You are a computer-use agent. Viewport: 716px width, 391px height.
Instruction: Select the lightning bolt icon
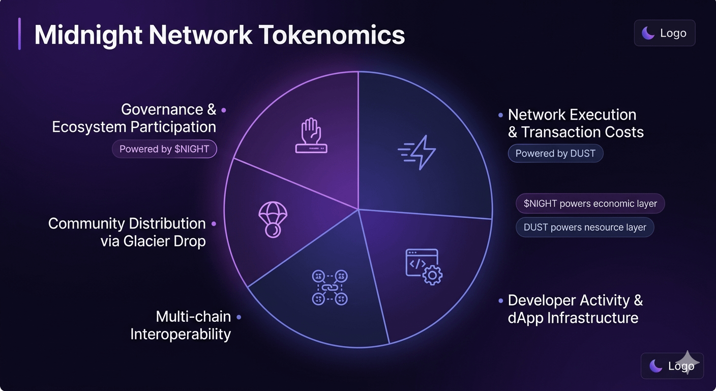tap(417, 152)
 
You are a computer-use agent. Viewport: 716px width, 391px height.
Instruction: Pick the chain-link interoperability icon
tap(329, 288)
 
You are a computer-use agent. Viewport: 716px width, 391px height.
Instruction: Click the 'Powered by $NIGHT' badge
tap(164, 149)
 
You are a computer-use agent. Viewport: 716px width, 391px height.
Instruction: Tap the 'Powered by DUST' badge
tap(555, 153)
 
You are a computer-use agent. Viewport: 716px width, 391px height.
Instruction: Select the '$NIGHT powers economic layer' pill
tap(590, 204)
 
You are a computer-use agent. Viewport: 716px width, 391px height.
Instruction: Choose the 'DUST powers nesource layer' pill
tap(585, 228)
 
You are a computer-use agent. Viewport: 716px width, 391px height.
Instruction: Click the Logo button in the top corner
tap(664, 33)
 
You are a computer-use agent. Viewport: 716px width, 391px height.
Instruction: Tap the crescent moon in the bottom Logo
tap(656, 366)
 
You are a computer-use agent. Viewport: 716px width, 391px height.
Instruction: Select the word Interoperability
tap(181, 334)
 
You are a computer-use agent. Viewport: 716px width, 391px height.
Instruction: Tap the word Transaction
tap(562, 132)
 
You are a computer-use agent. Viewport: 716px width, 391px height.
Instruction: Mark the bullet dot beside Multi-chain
tap(238, 317)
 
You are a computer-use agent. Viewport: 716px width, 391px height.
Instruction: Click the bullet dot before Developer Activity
tap(501, 301)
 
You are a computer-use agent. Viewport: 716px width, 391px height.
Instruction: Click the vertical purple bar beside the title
tap(19, 34)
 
